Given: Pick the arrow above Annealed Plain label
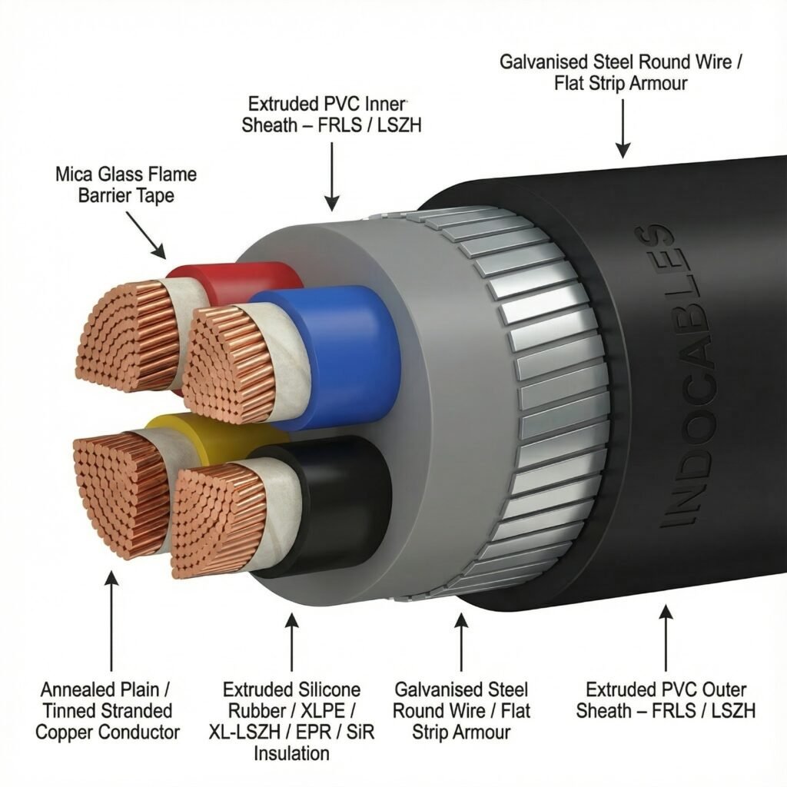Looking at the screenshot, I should tap(111, 615).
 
